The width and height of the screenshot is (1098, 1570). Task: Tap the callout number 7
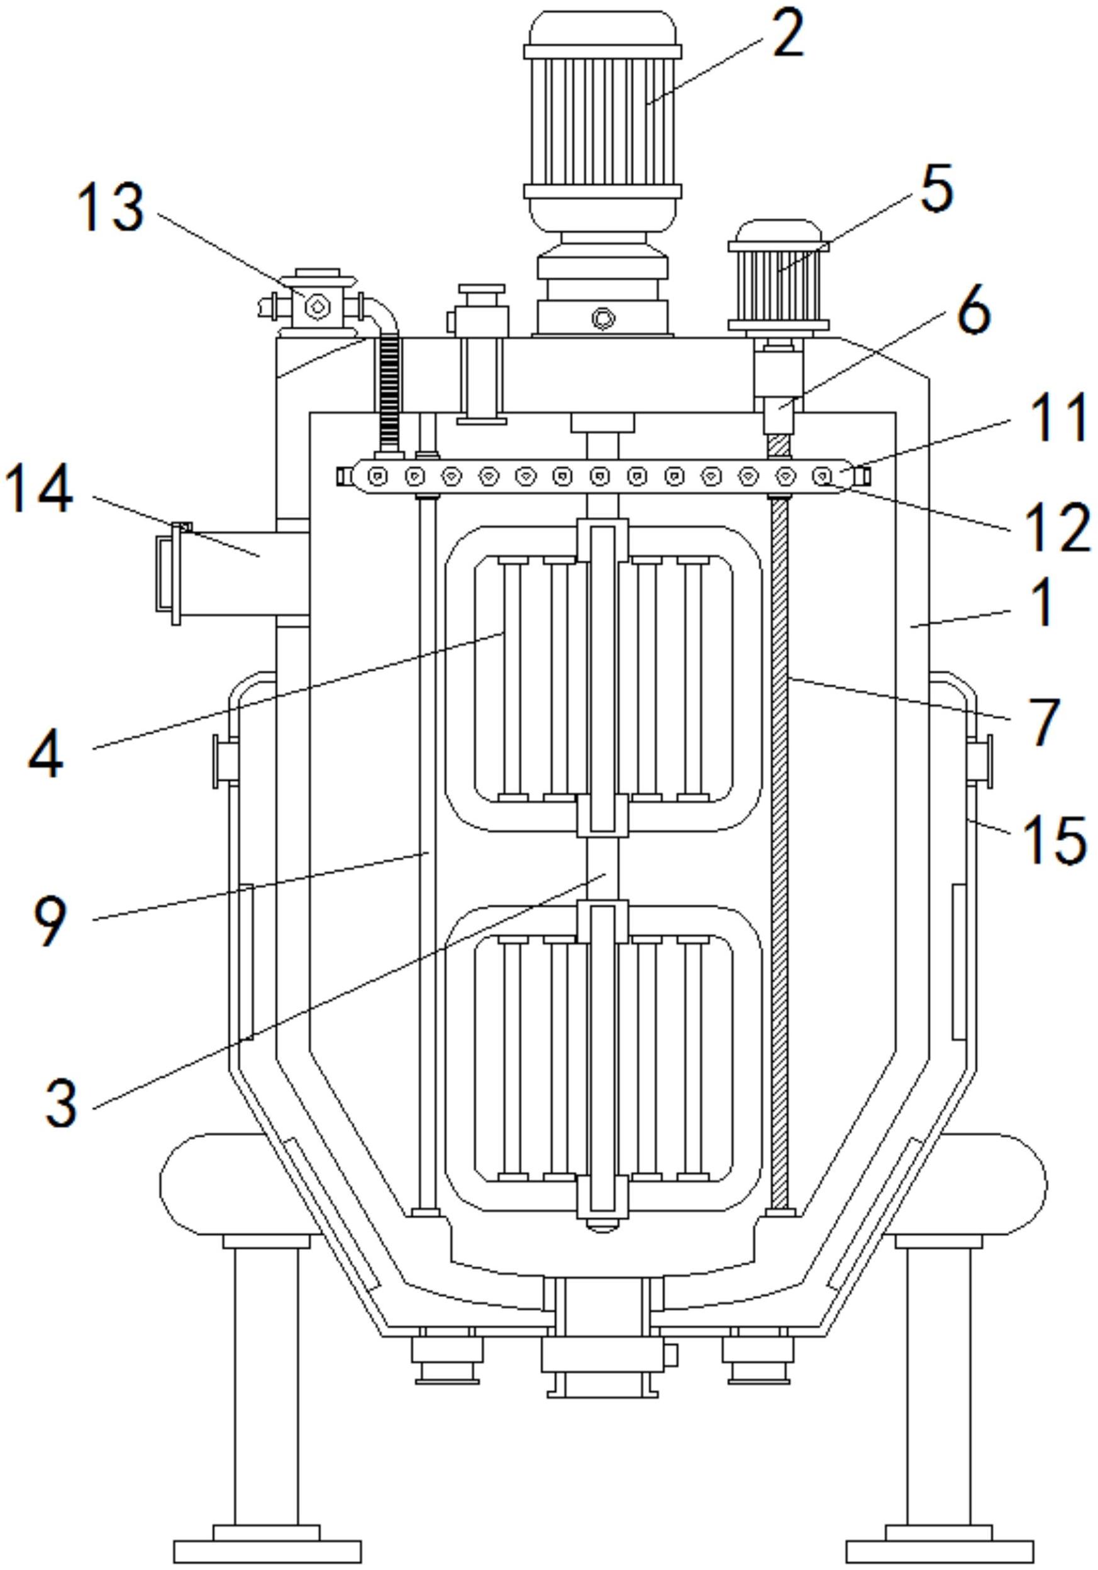point(1043,722)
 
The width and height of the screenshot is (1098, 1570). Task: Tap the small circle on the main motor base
point(602,317)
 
